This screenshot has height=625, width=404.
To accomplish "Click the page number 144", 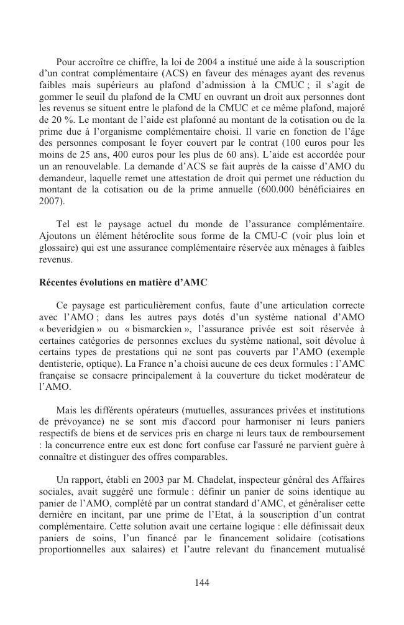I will point(201,582).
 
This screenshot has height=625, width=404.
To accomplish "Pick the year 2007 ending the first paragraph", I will point(50,202).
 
